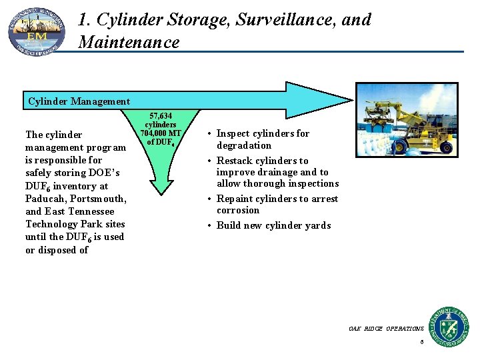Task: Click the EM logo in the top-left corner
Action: [x=37, y=32]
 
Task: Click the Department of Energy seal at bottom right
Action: [x=449, y=327]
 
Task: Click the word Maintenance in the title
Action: [x=129, y=43]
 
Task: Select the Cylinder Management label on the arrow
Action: [x=79, y=101]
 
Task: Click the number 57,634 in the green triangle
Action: [x=160, y=116]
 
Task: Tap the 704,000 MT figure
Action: [x=161, y=133]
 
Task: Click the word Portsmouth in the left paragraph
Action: [x=99, y=199]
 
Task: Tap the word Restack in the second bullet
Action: [x=235, y=161]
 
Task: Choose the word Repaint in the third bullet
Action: [x=235, y=199]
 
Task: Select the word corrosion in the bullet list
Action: [x=238, y=210]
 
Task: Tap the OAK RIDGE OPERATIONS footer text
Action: [x=385, y=329]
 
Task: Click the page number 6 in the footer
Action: [x=421, y=342]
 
